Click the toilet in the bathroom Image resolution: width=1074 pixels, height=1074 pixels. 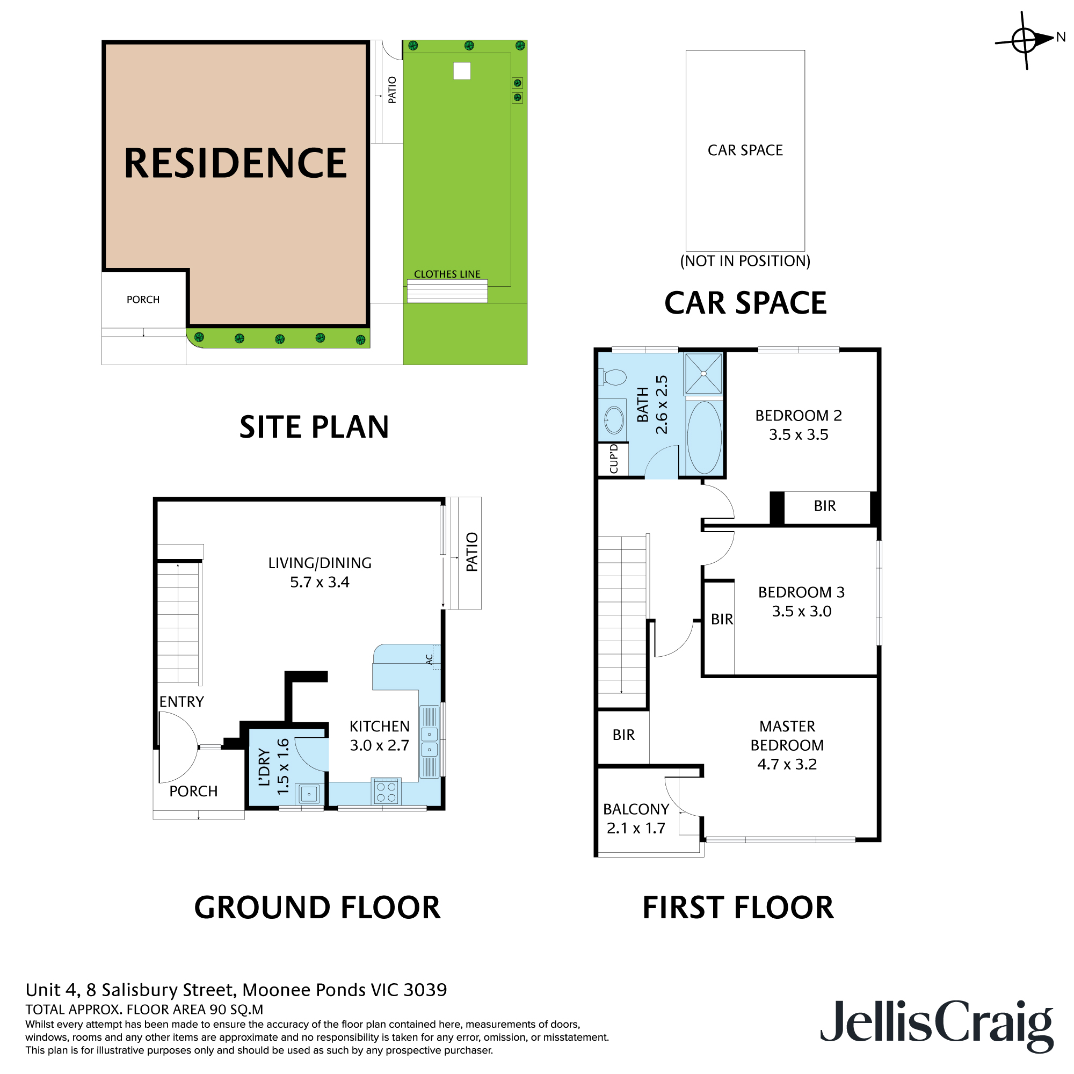pyautogui.click(x=613, y=378)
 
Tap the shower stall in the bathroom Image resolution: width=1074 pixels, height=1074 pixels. pyautogui.click(x=703, y=374)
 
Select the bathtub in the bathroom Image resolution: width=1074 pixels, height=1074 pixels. pyautogui.click(x=704, y=438)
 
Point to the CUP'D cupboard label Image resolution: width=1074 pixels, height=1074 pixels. pyautogui.click(x=614, y=459)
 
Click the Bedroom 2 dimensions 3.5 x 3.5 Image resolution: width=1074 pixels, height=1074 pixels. pyautogui.click(x=799, y=435)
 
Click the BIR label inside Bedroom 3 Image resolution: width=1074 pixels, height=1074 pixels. pyautogui.click(x=722, y=619)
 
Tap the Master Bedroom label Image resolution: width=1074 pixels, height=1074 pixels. pyautogui.click(x=787, y=736)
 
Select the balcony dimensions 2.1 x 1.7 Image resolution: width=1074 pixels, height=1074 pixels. pyautogui.click(x=636, y=828)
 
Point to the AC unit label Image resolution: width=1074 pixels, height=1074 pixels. pyautogui.click(x=429, y=659)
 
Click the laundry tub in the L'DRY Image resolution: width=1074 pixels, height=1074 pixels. pyautogui.click(x=309, y=794)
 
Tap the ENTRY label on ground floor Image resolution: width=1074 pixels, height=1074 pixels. pyautogui.click(x=182, y=701)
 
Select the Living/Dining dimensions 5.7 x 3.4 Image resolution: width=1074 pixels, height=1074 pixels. pyautogui.click(x=320, y=582)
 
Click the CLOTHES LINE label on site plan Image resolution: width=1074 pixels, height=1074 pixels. pyautogui.click(x=447, y=274)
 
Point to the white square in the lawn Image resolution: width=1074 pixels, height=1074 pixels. pyautogui.click(x=462, y=71)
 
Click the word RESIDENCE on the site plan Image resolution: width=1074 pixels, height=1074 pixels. pyautogui.click(x=235, y=163)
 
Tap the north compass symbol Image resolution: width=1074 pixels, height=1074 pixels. pyautogui.click(x=1025, y=40)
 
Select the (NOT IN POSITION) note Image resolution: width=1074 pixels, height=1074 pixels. pyautogui.click(x=745, y=261)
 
